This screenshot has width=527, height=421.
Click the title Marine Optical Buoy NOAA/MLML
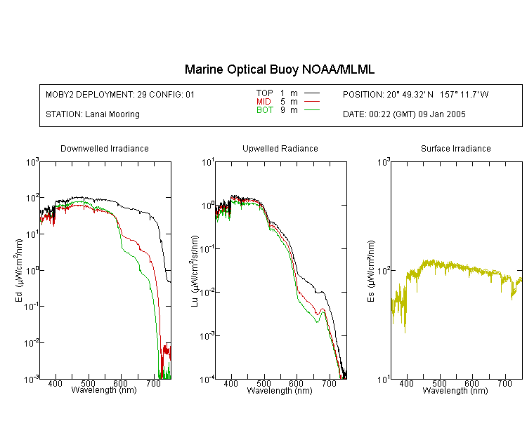tap(279, 69)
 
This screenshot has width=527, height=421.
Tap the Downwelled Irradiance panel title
tap(105, 148)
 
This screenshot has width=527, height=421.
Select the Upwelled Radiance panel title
tap(280, 148)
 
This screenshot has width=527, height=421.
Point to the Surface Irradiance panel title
tap(456, 148)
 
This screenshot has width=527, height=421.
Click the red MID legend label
tap(263, 101)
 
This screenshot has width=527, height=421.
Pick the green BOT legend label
tap(264, 110)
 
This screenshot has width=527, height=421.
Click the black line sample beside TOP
tap(311, 93)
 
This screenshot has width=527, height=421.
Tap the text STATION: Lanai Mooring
tap(93, 114)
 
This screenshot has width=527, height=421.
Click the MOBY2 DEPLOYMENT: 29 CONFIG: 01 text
tap(120, 94)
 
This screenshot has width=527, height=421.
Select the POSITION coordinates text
tap(415, 94)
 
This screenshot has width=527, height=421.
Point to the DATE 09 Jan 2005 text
tap(404, 114)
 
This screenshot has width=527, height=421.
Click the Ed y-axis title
tap(19, 270)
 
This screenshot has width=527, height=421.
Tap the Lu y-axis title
tap(195, 271)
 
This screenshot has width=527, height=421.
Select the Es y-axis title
tap(370, 271)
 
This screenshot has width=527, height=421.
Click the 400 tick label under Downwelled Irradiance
tap(55, 383)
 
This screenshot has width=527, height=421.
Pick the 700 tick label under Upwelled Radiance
tap(329, 383)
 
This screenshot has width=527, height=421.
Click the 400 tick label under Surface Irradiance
tap(406, 383)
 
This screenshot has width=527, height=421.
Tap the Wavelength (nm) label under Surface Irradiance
tap(455, 390)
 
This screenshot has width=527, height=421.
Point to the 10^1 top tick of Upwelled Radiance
tap(208, 163)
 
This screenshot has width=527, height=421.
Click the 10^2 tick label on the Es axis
tap(384, 271)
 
